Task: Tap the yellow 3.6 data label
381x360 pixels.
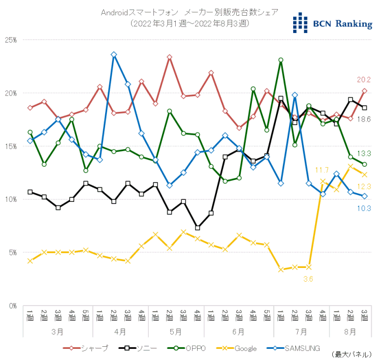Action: coord(308,279)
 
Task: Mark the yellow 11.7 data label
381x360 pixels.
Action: coord(322,170)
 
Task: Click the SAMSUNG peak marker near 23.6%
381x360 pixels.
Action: coord(114,54)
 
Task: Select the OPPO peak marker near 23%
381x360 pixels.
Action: coord(280,60)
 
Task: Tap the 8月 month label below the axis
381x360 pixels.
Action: coord(350,332)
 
